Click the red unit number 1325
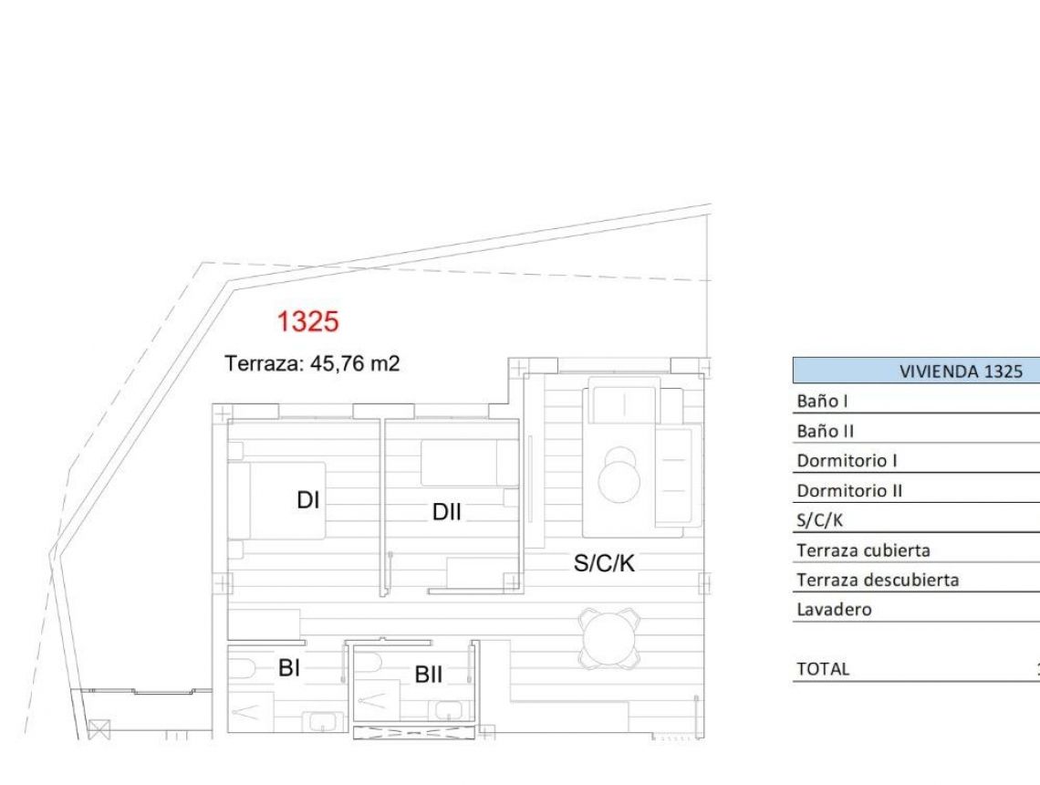308,322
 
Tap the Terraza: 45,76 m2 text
313,363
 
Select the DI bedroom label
308,501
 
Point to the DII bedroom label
448,513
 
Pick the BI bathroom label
289,669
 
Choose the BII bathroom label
429,675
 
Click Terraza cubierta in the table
863,550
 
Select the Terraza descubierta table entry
877,580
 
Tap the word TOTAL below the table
823,669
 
